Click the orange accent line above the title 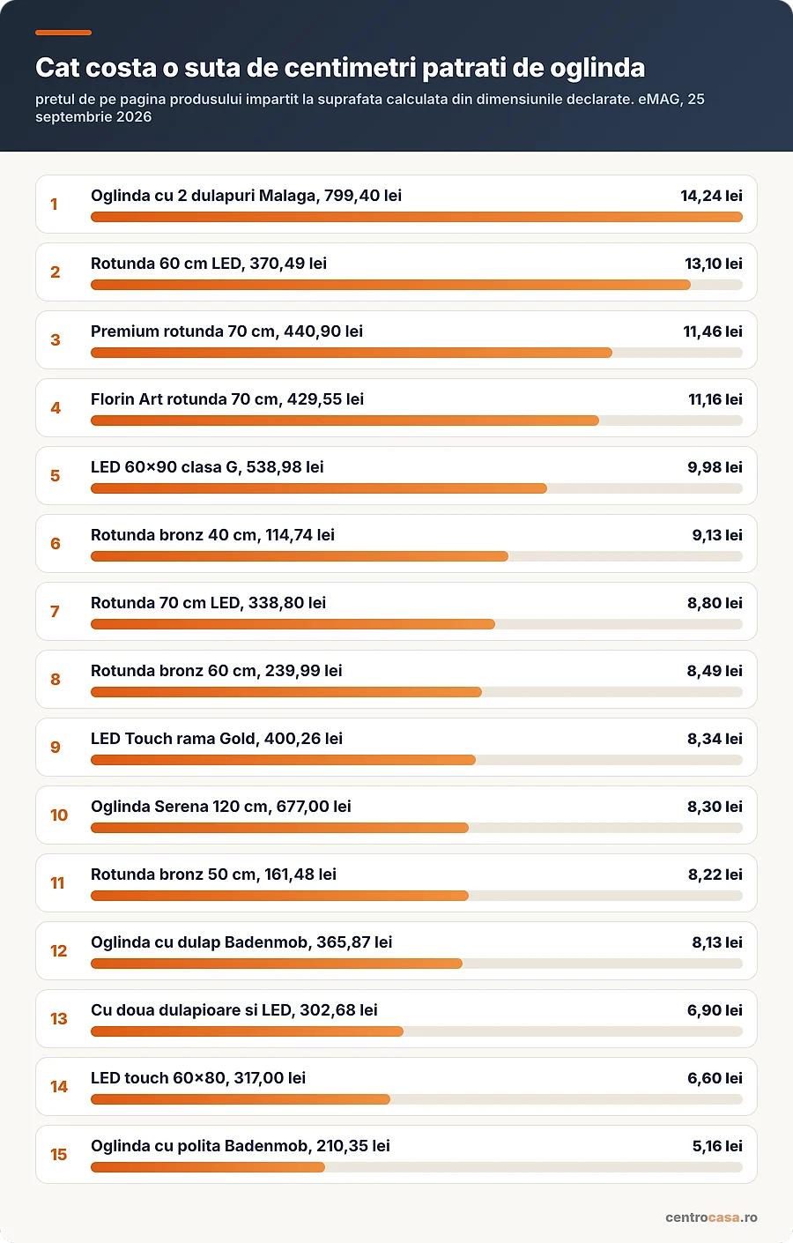pos(63,33)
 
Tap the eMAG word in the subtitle pos(660,99)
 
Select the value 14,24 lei pos(711,196)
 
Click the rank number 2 pos(56,272)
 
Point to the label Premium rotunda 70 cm pos(183,331)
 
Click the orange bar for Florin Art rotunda pos(345,421)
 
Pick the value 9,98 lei pos(715,467)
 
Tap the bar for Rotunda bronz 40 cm pos(300,556)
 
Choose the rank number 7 pos(55,612)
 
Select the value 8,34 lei pos(715,739)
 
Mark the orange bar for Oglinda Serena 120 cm pos(279,828)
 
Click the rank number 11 pos(58,882)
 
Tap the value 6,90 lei pos(715,1010)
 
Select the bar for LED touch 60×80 pos(241,1099)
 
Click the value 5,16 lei pos(717,1146)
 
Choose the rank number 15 pos(59,1154)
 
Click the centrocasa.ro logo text pos(711,1217)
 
